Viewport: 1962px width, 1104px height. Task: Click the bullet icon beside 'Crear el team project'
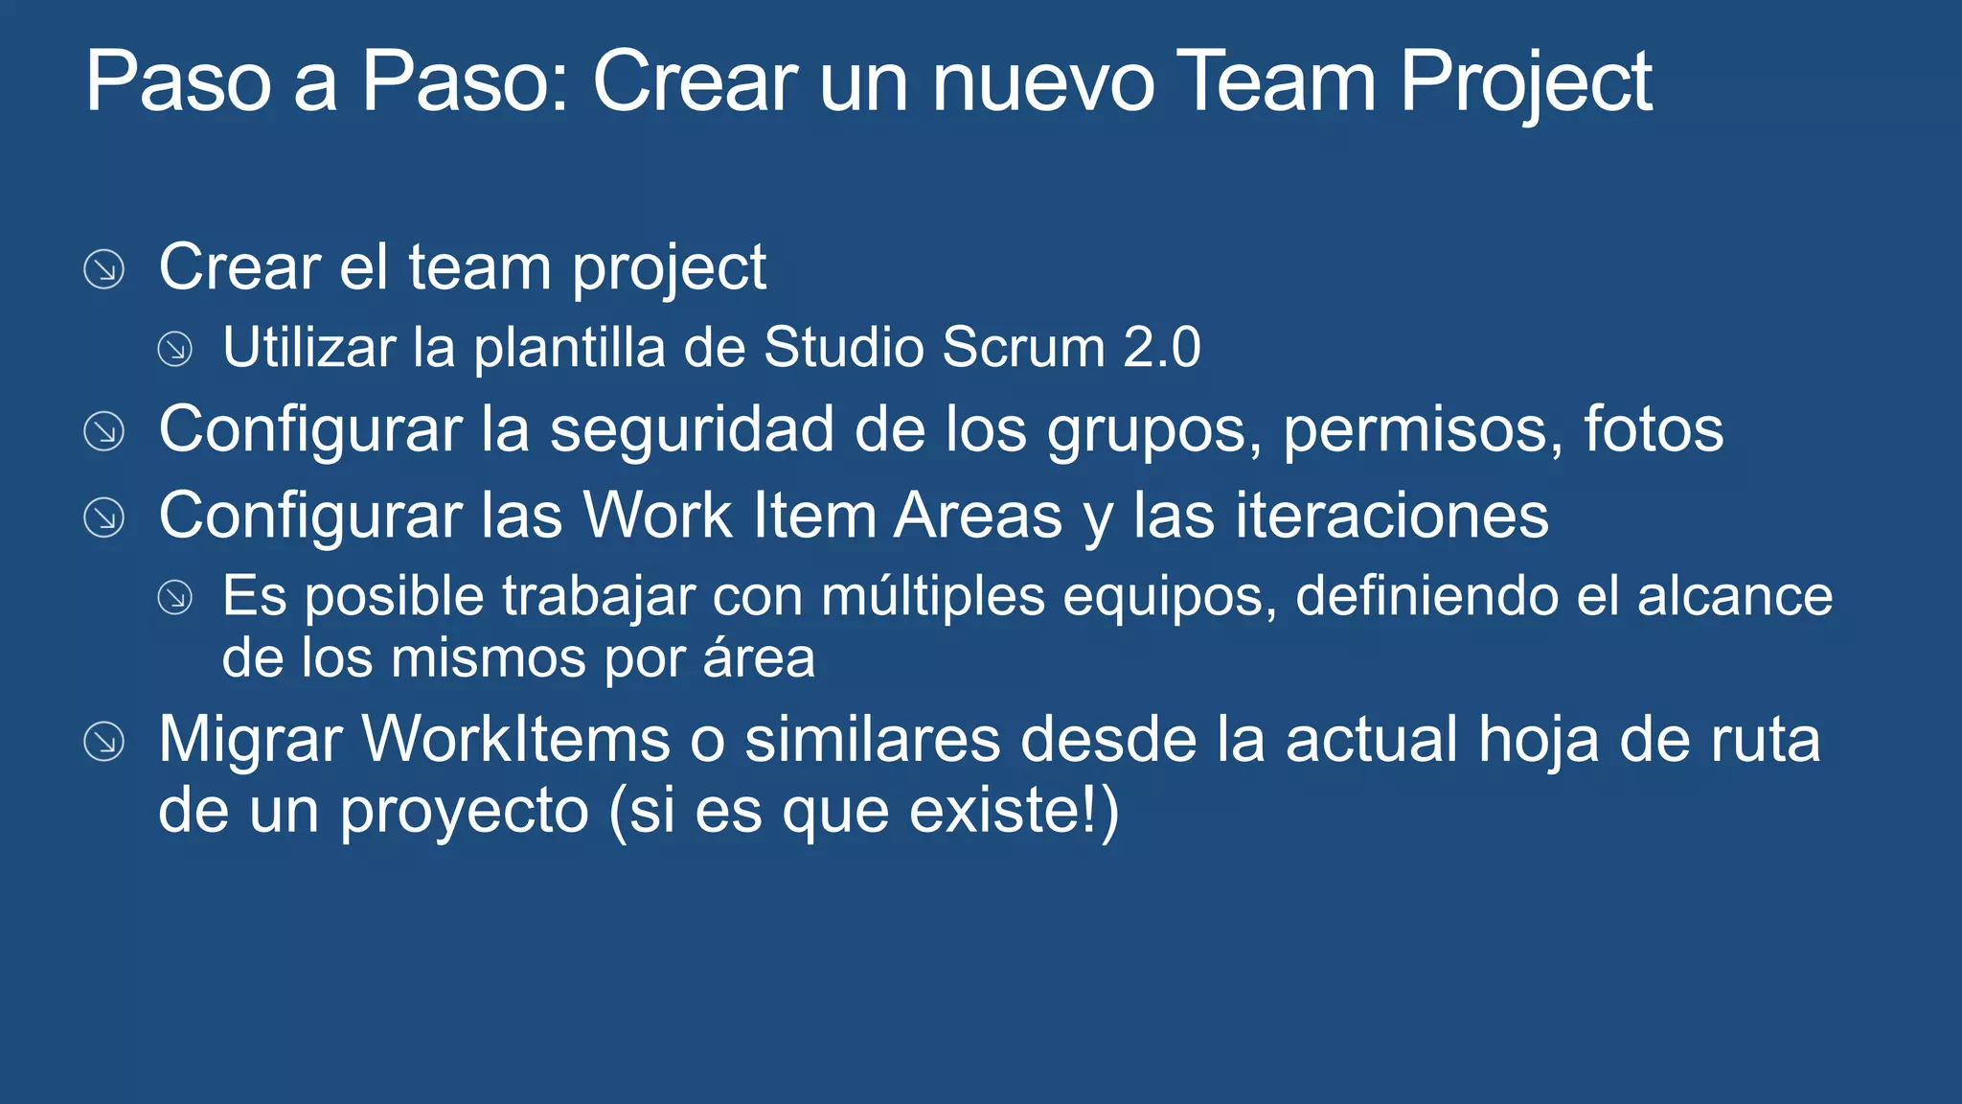103,269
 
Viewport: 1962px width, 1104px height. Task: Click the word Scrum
1024,347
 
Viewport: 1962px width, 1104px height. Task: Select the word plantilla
569,347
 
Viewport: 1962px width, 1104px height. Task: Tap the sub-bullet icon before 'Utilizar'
175,349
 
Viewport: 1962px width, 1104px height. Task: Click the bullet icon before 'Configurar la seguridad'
103,431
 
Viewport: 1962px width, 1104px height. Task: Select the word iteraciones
1391,516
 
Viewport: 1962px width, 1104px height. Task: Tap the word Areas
978,516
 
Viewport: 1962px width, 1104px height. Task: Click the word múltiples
933,596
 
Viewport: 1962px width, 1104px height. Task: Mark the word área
759,658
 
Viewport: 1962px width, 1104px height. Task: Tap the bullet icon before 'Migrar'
103,742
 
